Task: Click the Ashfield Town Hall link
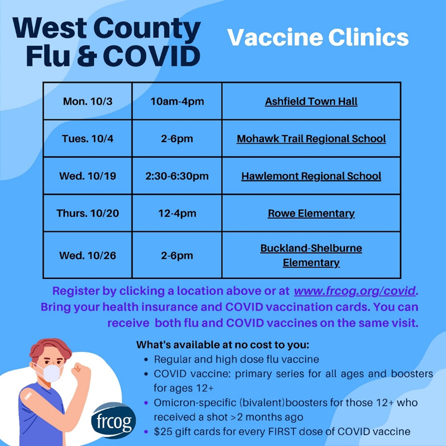click(x=311, y=102)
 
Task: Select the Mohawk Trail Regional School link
click(x=311, y=139)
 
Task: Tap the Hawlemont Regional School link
click(x=311, y=176)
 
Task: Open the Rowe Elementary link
click(x=311, y=213)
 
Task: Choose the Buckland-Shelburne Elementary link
click(x=311, y=255)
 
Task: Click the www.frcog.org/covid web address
click(x=354, y=291)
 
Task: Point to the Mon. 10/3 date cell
click(x=87, y=102)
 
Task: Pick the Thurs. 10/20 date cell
click(x=87, y=213)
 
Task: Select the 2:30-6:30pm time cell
click(x=177, y=176)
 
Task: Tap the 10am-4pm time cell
click(x=177, y=102)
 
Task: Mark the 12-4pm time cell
click(x=177, y=213)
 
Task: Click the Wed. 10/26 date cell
click(x=87, y=255)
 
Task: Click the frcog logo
click(x=113, y=420)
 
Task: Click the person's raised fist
click(x=80, y=370)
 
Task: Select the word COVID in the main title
click(x=152, y=56)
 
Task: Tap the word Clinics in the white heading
click(x=368, y=37)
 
